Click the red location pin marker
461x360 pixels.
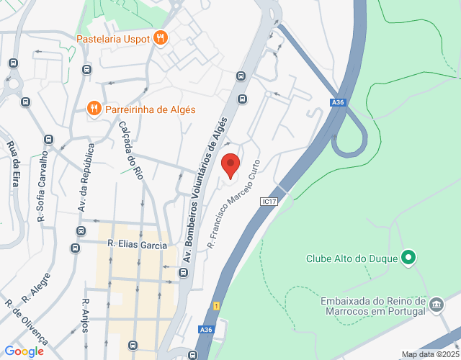click(230, 165)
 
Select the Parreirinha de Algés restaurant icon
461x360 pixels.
click(94, 109)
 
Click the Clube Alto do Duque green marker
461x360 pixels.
click(408, 257)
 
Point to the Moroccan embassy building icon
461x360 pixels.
click(437, 305)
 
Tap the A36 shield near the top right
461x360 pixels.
click(339, 103)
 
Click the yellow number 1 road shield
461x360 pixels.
click(216, 306)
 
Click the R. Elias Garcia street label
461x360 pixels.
click(137, 246)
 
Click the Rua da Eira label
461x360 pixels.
click(13, 165)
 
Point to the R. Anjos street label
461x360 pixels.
click(85, 315)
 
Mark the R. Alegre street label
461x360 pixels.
click(36, 287)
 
